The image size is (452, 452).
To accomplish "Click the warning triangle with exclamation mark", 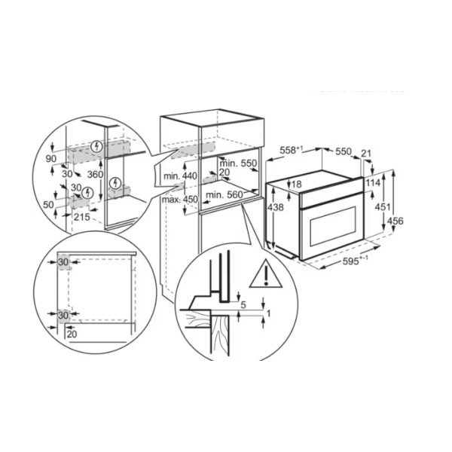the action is tap(265, 274).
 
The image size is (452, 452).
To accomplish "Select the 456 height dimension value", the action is tap(395, 221).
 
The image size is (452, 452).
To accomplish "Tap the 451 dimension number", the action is tap(383, 206).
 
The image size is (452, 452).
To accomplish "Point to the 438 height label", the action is tap(275, 207).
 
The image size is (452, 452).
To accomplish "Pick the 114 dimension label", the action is tap(373, 183).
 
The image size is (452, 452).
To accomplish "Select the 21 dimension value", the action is tap(366, 154).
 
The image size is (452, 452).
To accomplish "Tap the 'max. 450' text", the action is tap(179, 199).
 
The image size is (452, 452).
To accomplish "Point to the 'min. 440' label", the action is tap(180, 176).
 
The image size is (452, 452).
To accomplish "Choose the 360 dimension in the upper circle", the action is tap(95, 175).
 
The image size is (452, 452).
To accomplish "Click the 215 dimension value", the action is tap(82, 217).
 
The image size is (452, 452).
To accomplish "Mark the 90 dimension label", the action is tap(51, 159).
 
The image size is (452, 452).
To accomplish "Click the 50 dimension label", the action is tap(48, 205).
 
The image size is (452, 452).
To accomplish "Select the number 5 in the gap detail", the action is tap(243, 305).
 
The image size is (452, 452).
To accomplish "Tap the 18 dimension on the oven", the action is tap(296, 184).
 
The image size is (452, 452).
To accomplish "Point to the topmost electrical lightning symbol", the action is tap(97, 146).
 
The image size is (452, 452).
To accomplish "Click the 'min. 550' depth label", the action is tap(238, 163).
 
